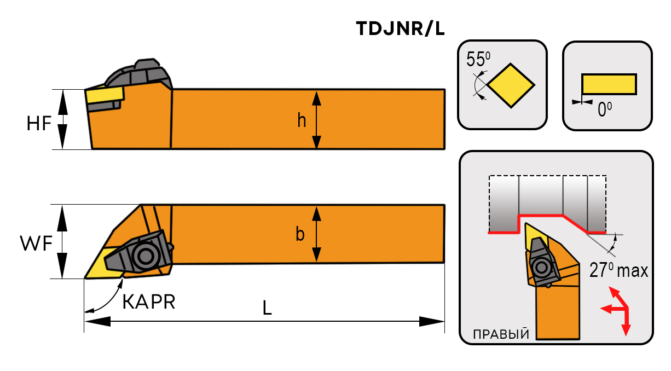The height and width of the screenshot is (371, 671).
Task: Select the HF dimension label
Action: [x=39, y=125]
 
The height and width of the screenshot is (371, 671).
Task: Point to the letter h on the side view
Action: [x=302, y=120]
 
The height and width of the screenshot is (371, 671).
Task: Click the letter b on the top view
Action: [x=300, y=234]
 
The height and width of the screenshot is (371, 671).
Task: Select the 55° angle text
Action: [x=478, y=60]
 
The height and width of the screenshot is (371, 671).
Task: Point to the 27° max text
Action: [x=618, y=270]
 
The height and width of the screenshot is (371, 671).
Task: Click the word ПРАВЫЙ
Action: [x=501, y=334]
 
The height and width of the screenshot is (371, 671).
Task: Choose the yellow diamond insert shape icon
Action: [x=511, y=85]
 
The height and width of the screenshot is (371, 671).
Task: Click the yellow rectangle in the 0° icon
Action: [x=609, y=84]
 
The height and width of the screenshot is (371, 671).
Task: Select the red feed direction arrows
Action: [x=619, y=310]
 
